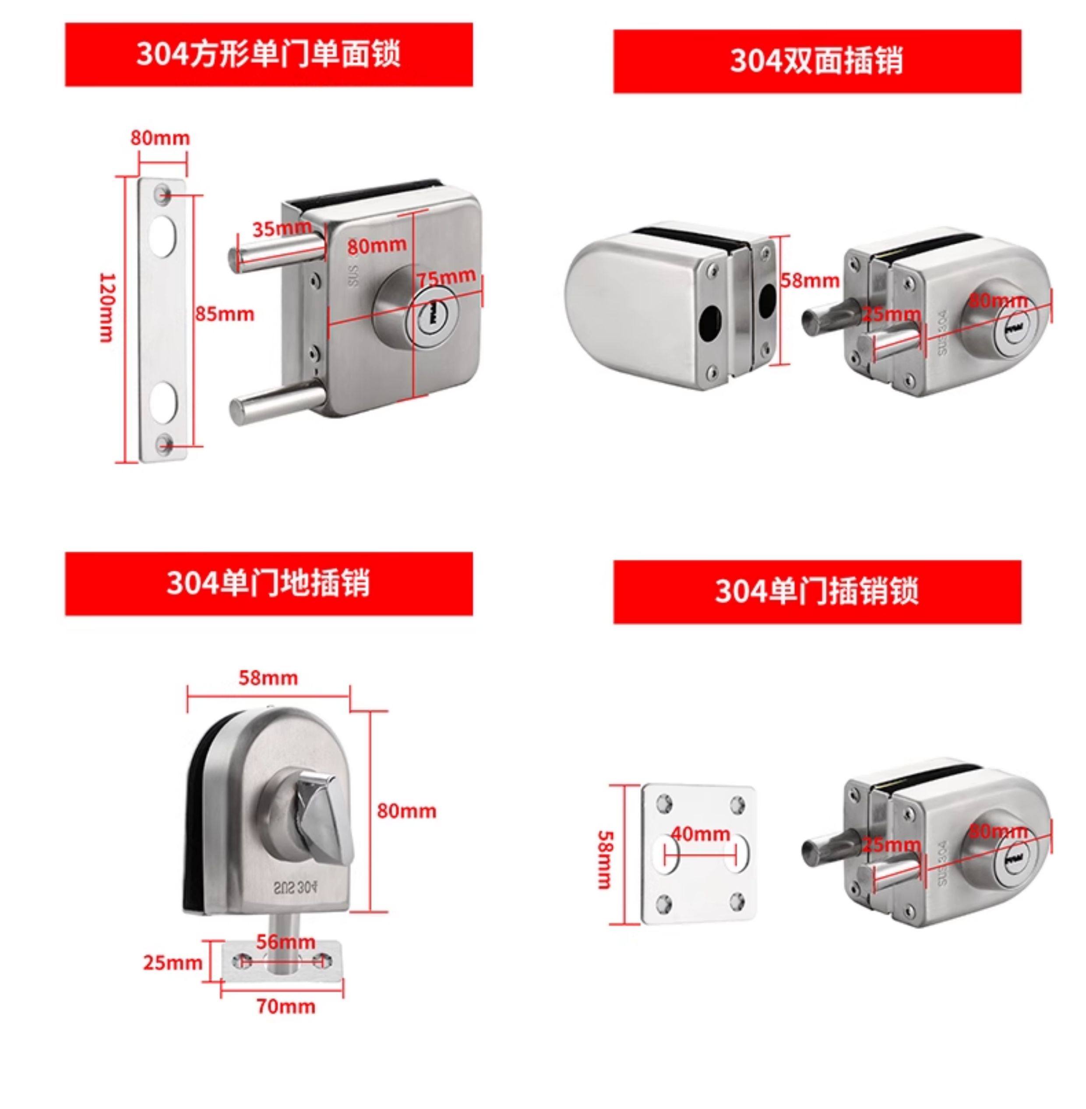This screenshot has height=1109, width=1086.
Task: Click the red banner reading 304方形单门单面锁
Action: [268, 55]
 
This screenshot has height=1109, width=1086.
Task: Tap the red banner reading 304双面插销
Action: [817, 62]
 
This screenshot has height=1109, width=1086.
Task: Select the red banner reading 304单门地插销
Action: [268, 583]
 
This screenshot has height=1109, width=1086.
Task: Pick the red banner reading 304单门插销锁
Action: [817, 592]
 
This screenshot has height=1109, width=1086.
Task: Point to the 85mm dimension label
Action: [225, 314]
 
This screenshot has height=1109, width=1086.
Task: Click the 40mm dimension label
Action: [700, 834]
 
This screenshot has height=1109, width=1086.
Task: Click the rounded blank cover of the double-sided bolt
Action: [628, 297]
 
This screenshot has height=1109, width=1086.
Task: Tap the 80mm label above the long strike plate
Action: [160, 138]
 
